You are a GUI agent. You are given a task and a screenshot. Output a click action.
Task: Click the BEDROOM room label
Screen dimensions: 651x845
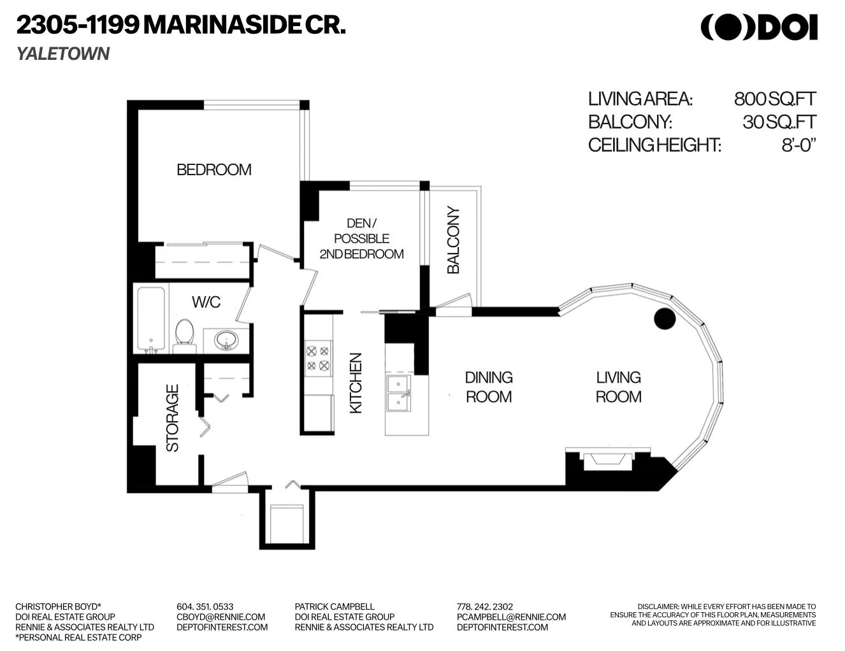pos(213,169)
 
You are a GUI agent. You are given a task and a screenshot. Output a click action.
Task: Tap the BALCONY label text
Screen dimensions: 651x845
pos(453,240)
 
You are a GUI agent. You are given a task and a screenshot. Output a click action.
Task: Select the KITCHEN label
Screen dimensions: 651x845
pos(356,383)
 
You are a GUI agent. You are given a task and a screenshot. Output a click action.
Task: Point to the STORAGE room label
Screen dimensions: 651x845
pos(172,418)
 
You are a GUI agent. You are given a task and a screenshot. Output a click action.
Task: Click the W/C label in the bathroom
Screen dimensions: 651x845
pos(206,302)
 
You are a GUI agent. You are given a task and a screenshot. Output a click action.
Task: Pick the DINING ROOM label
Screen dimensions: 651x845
pos(488,387)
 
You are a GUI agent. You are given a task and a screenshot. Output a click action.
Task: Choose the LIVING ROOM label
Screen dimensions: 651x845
pos(618,387)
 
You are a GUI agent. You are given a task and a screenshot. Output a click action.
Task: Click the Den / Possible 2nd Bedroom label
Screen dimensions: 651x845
pos(361,238)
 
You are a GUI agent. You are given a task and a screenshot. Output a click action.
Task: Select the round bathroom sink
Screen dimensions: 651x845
pos(226,340)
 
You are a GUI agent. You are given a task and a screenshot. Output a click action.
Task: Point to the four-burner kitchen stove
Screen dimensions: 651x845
pos(317,357)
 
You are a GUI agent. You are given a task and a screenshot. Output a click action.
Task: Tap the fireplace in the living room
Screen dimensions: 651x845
pos(607,459)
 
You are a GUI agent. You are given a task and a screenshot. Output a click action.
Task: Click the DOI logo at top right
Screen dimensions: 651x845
pos(759,27)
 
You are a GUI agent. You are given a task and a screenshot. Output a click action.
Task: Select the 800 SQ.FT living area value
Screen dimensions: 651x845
pos(774,99)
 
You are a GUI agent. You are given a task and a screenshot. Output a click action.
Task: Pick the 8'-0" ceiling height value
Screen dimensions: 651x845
pos(798,145)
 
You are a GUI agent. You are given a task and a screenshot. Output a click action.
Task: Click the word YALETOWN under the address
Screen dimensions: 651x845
pos(63,54)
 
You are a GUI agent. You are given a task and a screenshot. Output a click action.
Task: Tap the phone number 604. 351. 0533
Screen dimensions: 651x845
pos(205,606)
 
